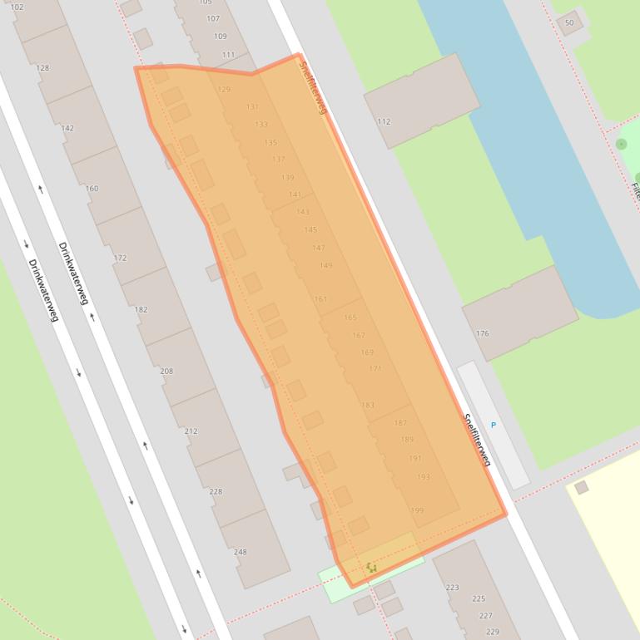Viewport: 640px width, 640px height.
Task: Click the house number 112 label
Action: tap(384, 121)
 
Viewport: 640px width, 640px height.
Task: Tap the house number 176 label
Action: tap(483, 333)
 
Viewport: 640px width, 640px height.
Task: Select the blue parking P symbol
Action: tap(494, 425)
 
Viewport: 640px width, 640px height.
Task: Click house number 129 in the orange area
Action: tap(224, 90)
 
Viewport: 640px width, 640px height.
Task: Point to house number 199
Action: tap(417, 510)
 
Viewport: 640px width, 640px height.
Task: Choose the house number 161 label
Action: tap(320, 299)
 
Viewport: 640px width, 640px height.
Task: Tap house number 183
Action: tap(368, 406)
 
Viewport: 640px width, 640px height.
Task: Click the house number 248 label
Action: tap(241, 552)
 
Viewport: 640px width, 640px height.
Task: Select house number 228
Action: tap(216, 491)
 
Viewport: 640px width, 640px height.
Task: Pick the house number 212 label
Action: tap(191, 431)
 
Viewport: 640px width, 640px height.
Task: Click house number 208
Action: tap(166, 371)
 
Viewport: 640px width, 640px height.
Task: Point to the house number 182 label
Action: tap(141, 310)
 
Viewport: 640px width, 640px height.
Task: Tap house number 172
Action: tap(120, 258)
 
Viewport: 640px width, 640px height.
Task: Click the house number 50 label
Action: tap(569, 22)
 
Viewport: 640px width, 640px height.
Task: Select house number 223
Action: tap(453, 587)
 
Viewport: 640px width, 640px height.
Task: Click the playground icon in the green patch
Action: tap(371, 568)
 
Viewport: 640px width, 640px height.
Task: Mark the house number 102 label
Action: tap(17, 7)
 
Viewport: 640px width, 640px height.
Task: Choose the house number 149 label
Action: tap(325, 266)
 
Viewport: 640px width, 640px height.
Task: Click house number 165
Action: tap(350, 318)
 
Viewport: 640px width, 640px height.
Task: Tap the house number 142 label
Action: tap(68, 128)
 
